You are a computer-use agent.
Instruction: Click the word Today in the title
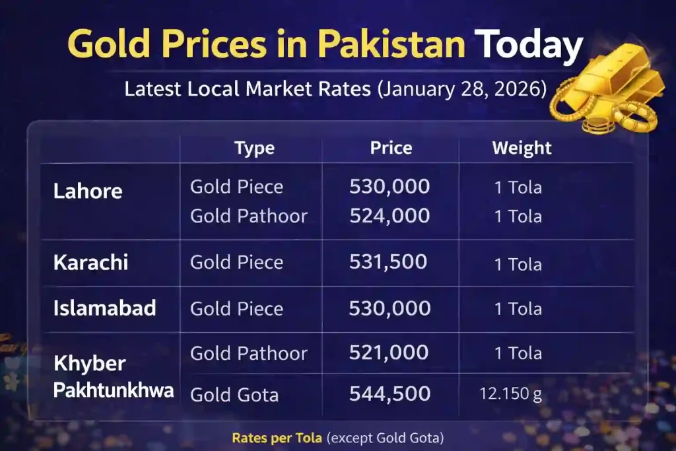click(x=530, y=44)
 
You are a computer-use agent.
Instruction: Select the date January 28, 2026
click(x=461, y=88)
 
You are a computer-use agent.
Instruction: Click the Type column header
click(x=254, y=148)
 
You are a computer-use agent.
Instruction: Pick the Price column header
click(x=391, y=148)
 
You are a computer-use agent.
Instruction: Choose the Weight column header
click(x=522, y=148)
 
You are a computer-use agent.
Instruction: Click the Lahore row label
click(x=88, y=191)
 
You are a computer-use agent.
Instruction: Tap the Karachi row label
click(x=90, y=262)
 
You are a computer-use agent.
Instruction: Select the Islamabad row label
click(x=104, y=308)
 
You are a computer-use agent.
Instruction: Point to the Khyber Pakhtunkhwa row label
click(x=113, y=377)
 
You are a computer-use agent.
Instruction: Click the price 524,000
click(x=389, y=216)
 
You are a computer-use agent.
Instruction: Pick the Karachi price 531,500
click(x=388, y=262)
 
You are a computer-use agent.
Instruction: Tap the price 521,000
click(x=389, y=353)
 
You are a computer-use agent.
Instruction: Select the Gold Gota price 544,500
click(x=389, y=394)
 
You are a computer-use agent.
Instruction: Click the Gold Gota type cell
click(x=234, y=395)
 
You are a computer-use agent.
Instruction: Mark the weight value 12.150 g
click(x=510, y=395)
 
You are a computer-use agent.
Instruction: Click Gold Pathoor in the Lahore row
click(x=249, y=216)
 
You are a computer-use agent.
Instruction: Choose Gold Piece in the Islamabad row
click(x=236, y=308)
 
